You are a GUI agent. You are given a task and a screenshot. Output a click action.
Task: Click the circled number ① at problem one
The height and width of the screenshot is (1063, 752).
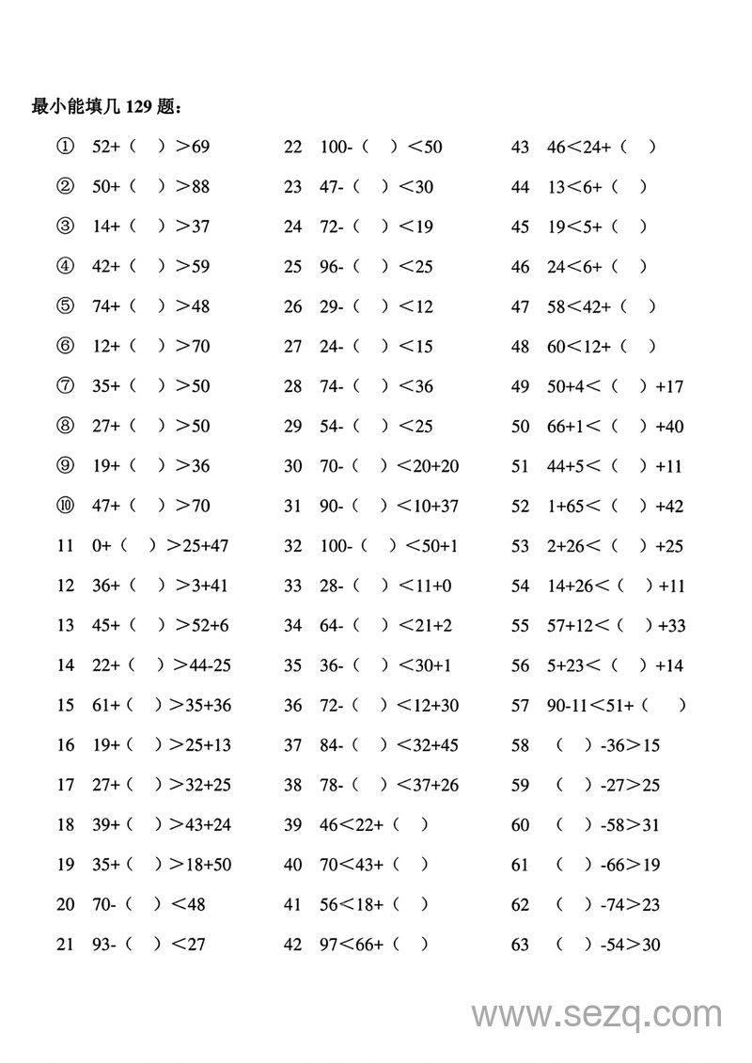pos(65,147)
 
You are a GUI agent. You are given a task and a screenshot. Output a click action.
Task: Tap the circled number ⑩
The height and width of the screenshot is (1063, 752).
pos(65,506)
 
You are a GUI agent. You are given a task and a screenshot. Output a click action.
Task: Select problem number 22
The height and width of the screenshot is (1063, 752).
pos(293,147)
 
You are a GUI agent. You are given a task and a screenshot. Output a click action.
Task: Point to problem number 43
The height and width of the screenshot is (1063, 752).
pos(520,147)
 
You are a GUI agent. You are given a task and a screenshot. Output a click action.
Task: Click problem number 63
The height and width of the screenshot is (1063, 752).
pos(520,945)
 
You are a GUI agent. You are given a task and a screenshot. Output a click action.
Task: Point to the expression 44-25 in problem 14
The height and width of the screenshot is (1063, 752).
pos(210,665)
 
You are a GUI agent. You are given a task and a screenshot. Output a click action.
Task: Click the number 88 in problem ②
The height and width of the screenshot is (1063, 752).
pos(199,186)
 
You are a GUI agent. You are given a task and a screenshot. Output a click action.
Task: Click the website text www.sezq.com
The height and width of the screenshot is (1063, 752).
pos(597,1015)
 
